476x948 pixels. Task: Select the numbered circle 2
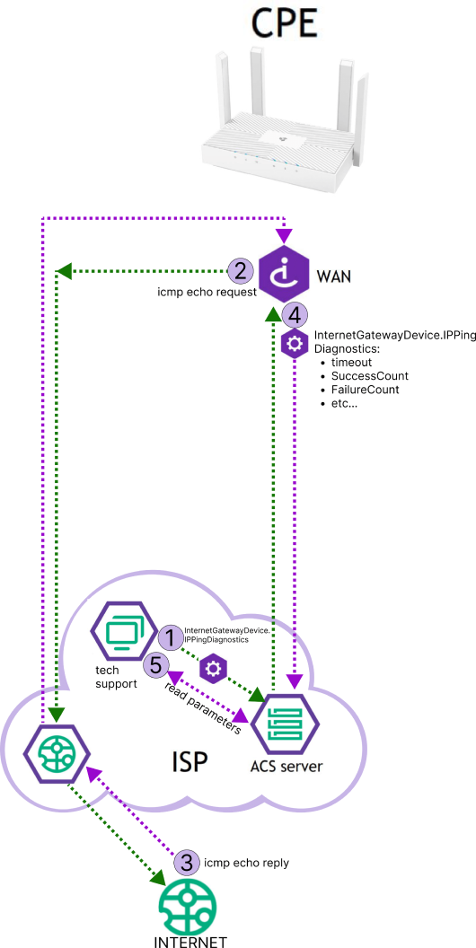tap(240, 269)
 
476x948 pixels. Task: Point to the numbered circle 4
tap(295, 315)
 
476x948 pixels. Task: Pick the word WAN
tap(334, 276)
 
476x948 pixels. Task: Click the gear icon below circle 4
tap(295, 344)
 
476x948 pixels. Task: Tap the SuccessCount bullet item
tap(369, 375)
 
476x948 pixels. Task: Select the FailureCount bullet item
tap(365, 390)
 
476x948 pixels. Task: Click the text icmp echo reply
tap(247, 863)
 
